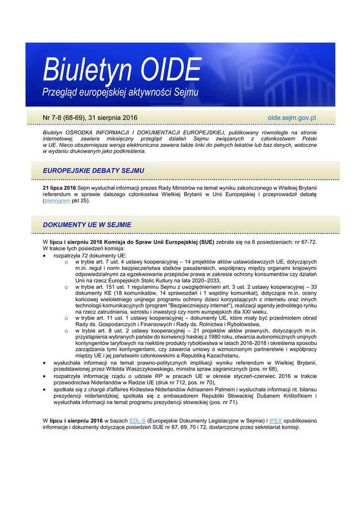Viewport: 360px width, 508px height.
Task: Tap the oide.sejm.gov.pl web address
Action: click(292, 118)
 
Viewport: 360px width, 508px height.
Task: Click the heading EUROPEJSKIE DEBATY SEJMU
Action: click(93, 171)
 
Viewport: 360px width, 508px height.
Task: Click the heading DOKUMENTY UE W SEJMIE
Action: click(87, 225)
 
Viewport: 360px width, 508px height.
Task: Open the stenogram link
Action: click(57, 201)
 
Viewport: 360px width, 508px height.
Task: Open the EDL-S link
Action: click(138, 421)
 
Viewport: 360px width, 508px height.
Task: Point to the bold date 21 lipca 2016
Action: click(60, 188)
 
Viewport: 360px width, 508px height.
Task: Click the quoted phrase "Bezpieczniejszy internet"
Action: click(191, 306)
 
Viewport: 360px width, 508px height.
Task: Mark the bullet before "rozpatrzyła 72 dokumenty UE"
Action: click(46, 255)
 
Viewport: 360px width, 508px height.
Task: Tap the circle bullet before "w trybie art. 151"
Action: click(66, 287)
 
